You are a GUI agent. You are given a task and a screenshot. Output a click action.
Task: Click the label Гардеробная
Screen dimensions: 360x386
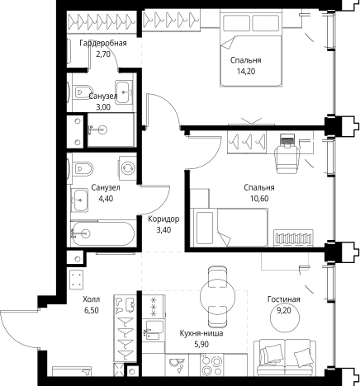[103, 43]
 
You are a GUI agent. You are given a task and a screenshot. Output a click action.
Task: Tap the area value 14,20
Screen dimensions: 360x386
[246, 72]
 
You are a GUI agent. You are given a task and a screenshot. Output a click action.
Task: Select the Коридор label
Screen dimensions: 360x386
[163, 219]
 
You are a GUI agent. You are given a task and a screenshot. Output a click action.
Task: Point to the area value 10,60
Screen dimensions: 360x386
[259, 199]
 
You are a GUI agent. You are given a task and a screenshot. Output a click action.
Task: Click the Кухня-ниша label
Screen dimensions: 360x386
[201, 333]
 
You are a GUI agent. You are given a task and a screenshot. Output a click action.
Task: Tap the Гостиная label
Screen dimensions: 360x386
[283, 299]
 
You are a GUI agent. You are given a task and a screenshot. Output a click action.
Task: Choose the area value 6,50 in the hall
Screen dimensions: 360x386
[92, 310]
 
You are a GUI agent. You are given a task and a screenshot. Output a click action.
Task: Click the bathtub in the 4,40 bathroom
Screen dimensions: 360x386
[102, 233]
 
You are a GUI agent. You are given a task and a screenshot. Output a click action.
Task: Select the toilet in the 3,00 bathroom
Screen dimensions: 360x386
[82, 92]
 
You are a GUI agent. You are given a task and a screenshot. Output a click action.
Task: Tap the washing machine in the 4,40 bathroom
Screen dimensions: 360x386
[128, 167]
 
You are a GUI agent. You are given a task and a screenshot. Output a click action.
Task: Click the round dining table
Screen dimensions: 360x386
[217, 296]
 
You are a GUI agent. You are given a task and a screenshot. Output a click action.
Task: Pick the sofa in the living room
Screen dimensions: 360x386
[285, 357]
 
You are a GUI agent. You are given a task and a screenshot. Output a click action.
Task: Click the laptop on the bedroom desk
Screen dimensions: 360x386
[287, 139]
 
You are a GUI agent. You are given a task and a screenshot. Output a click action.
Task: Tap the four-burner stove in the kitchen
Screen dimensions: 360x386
[211, 365]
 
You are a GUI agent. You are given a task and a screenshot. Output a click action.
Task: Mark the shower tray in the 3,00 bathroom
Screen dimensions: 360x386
[111, 130]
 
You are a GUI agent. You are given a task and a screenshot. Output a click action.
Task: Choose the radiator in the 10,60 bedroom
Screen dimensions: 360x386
[293, 238]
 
